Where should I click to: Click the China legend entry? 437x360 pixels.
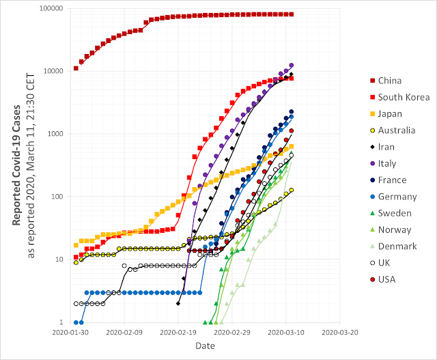click(386, 81)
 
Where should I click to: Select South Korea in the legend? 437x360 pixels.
click(400, 97)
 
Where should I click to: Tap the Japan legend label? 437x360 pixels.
click(390, 114)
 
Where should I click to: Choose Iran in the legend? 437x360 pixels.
click(382, 147)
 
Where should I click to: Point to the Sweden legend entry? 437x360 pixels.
click(391, 213)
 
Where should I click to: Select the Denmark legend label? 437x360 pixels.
click(397, 246)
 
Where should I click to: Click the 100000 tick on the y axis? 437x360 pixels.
click(51, 8)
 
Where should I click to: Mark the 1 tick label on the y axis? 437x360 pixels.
click(61, 322)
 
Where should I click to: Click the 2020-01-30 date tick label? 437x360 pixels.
click(70, 333)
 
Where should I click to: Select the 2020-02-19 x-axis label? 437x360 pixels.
click(178, 333)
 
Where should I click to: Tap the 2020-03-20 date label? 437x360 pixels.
click(340, 333)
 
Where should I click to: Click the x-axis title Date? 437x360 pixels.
click(205, 346)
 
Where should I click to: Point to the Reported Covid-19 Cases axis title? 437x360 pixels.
click(16, 165)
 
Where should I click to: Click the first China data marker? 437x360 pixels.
click(76, 68)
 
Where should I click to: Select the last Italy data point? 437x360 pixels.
click(292, 66)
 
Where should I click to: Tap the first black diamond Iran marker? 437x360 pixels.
click(178, 303)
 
